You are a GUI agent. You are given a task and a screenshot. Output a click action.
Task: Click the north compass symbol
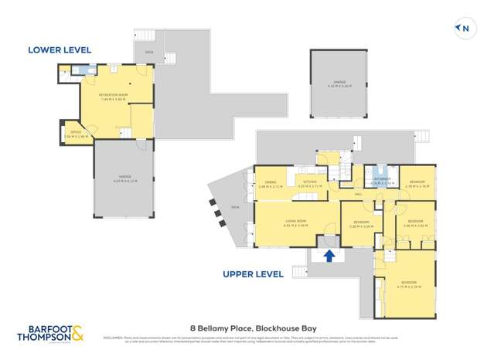point(464,29)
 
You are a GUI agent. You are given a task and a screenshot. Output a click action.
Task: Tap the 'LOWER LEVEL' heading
point(60,50)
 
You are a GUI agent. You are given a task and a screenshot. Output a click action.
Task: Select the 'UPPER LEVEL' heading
point(253,273)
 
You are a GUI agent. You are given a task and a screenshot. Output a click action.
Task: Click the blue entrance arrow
point(329,256)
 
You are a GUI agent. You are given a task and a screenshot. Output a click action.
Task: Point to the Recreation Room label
point(112,96)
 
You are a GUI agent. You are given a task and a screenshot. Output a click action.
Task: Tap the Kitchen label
point(309,184)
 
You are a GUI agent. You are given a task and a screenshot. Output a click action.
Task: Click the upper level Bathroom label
point(381,182)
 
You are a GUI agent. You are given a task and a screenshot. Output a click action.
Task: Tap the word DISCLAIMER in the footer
point(114,338)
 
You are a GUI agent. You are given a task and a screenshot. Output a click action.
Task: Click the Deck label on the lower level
point(149,53)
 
